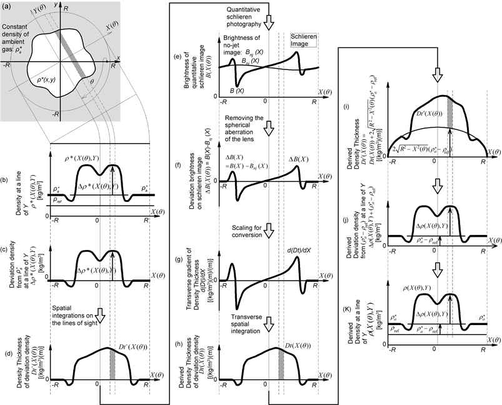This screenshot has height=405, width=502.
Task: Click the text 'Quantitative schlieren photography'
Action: click(232, 14)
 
